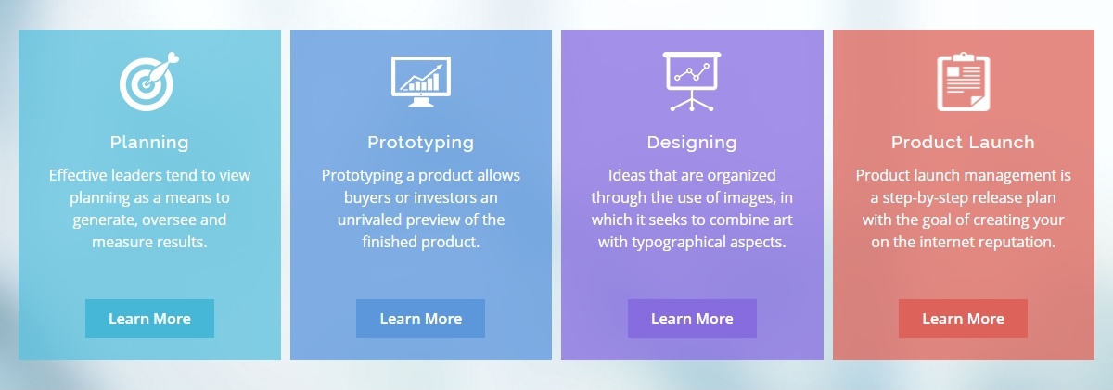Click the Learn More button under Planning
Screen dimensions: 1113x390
tap(149, 319)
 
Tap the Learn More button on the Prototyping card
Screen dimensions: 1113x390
tap(420, 319)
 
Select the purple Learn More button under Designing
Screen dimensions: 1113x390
tap(692, 319)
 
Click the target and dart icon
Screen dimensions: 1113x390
tap(148, 82)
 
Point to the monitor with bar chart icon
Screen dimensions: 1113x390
tap(421, 82)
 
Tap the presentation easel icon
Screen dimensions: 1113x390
tap(692, 82)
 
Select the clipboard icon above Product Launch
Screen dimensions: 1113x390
tap(964, 82)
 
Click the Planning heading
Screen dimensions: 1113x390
tap(149, 143)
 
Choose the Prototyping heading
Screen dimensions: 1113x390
tap(420, 143)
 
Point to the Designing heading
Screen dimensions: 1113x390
tap(692, 143)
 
